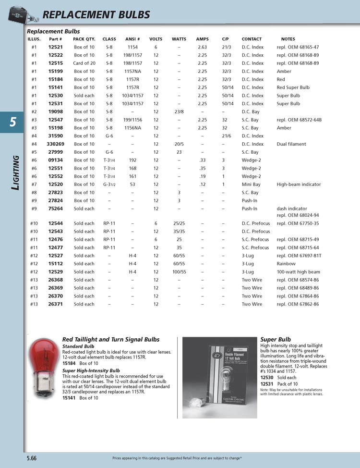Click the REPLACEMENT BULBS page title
click(x=96, y=15)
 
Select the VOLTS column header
click(x=156, y=39)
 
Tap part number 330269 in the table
click(x=56, y=144)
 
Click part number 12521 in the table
click(x=56, y=47)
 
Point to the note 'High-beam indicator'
click(x=299, y=185)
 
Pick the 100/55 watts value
click(x=179, y=272)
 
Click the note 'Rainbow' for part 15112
click(x=286, y=264)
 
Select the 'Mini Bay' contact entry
click(x=251, y=185)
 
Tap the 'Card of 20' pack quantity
click(x=84, y=63)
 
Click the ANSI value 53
click(x=132, y=185)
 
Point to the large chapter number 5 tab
click(x=12, y=122)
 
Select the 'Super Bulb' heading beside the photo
click(x=276, y=340)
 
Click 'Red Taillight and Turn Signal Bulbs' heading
click(x=111, y=340)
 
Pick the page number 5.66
click(x=32, y=458)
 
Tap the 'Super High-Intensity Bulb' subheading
click(x=91, y=371)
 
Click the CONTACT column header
click(x=252, y=39)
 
